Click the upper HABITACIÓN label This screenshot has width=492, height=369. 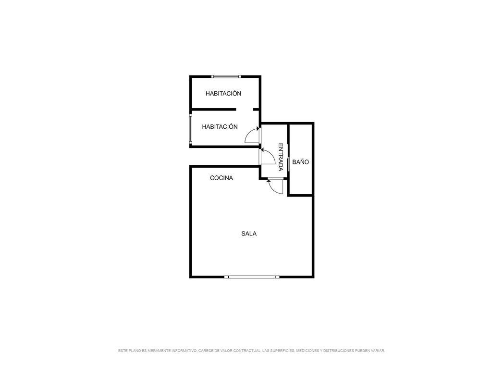click(223, 94)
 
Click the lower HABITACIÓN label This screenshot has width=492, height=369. click(220, 127)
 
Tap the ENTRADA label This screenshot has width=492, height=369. click(281, 157)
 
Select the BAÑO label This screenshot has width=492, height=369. click(301, 162)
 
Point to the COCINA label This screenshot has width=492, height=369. click(221, 178)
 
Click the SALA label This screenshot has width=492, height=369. click(249, 234)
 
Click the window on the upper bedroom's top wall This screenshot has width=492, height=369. click(226, 76)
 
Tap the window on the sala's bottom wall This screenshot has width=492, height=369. click(252, 277)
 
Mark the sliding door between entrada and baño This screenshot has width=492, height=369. click(288, 158)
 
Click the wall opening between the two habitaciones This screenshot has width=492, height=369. click(245, 110)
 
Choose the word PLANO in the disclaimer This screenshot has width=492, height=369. click(135, 350)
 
